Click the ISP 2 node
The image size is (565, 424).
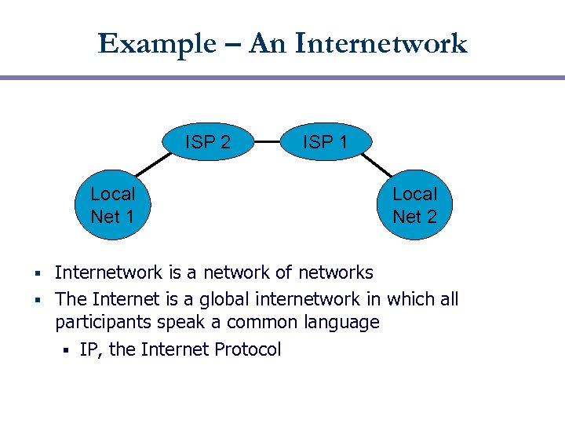point(207,142)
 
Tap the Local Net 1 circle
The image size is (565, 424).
point(112,204)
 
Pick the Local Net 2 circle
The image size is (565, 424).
point(414,205)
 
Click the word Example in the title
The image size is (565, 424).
point(155,43)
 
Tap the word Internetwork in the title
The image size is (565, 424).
point(381,43)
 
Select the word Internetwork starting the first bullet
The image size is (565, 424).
point(108,272)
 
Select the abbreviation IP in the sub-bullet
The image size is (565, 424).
point(89,349)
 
